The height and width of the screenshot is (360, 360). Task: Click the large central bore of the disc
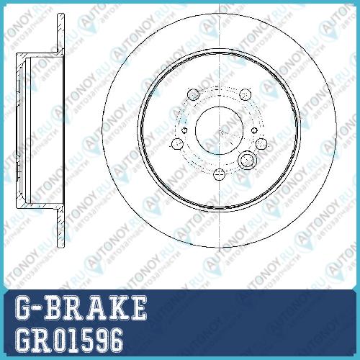pyautogui.click(x=219, y=130)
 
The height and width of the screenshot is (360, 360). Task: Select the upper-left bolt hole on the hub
pyautogui.click(x=193, y=94)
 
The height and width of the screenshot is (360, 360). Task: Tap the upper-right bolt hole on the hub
pyautogui.click(x=246, y=94)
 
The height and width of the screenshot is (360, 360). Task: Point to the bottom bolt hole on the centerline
pyautogui.click(x=219, y=174)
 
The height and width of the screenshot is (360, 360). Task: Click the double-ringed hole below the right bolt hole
pyautogui.click(x=247, y=160)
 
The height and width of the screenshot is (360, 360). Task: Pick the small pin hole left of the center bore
pyautogui.click(x=184, y=130)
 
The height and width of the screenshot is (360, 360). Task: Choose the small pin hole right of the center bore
pyautogui.click(x=254, y=130)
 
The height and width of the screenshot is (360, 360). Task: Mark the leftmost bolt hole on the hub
pyautogui.click(x=178, y=143)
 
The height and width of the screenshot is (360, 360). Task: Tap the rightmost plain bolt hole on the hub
pyautogui.click(x=261, y=143)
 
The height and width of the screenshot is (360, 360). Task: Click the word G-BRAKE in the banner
pyautogui.click(x=81, y=308)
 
